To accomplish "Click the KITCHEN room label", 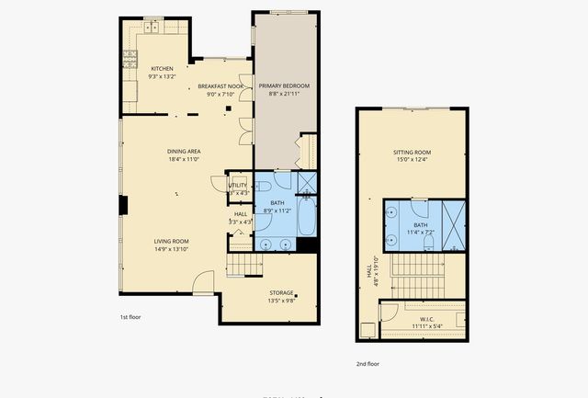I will pyautogui.click(x=162, y=69).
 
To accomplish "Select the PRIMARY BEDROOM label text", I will pyautogui.click(x=283, y=86).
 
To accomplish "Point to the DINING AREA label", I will pyautogui.click(x=184, y=152).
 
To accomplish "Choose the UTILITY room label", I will pyautogui.click(x=238, y=186).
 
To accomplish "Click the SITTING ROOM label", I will pyautogui.click(x=412, y=152).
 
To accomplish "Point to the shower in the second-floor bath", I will pyautogui.click(x=455, y=224).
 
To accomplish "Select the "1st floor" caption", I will pyautogui.click(x=130, y=317).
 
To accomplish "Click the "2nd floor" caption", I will pyautogui.click(x=367, y=363).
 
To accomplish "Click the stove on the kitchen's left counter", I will pyautogui.click(x=127, y=62).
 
